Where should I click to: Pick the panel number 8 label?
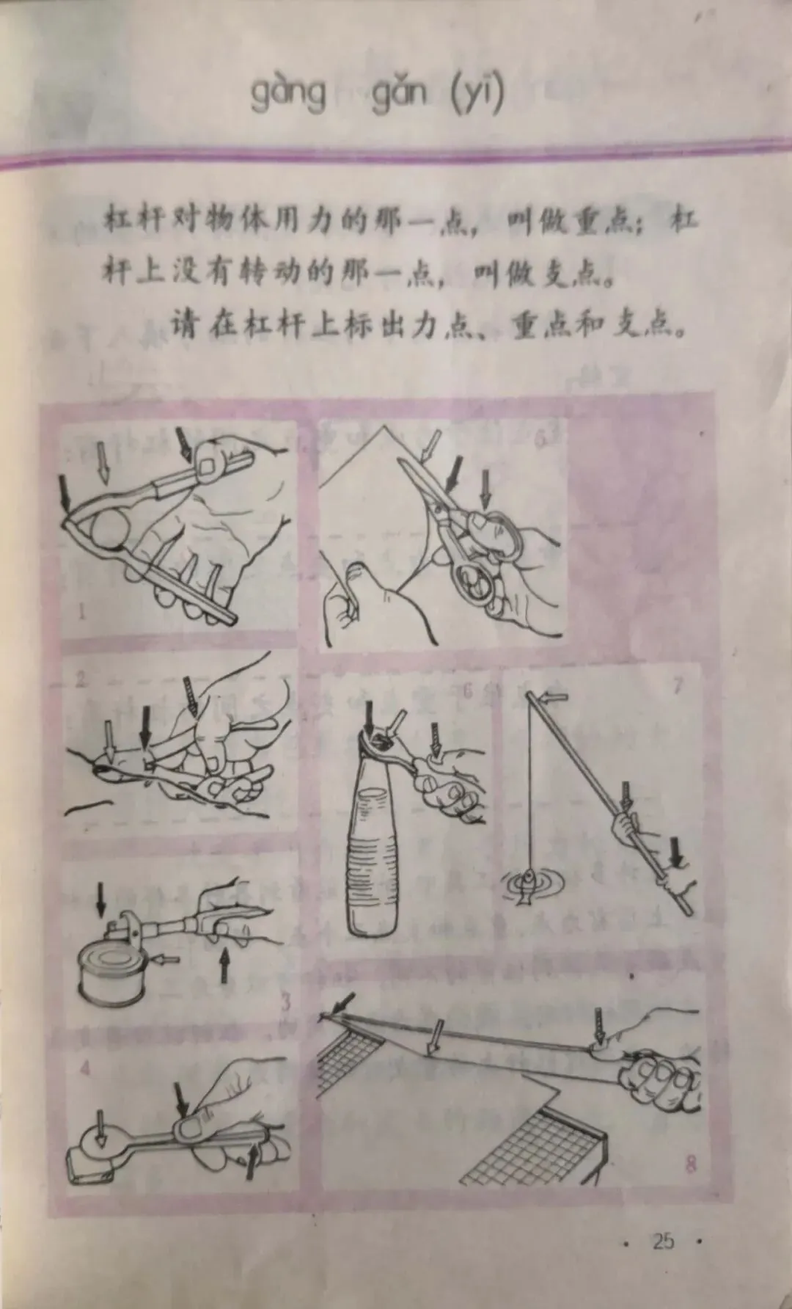(x=689, y=1183)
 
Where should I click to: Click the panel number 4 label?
(x=87, y=1068)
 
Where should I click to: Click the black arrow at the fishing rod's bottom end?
(x=678, y=852)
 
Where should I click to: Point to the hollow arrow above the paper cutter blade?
(x=436, y=1037)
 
